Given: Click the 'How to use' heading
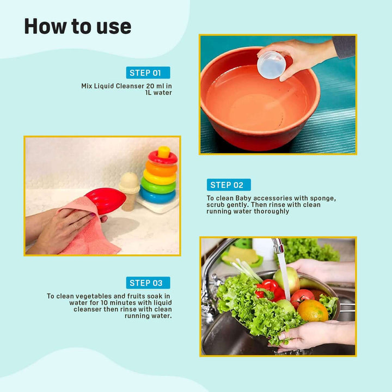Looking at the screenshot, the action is (77, 26).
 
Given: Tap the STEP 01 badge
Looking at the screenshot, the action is (148, 73).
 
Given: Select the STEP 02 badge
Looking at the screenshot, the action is (229, 185).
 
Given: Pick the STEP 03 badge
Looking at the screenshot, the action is (148, 283).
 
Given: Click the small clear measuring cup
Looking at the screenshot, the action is (272, 65).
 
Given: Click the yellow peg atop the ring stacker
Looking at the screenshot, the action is (164, 152).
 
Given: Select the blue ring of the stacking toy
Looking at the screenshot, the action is (157, 195).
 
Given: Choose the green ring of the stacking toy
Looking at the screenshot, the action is (158, 186).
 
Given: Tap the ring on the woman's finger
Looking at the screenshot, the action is (75, 226).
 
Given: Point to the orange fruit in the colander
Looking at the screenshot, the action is (313, 311).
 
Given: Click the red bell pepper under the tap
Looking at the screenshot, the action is (270, 290).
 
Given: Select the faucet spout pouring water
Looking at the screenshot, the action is (278, 245).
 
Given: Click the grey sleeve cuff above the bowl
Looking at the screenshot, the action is (344, 47).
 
